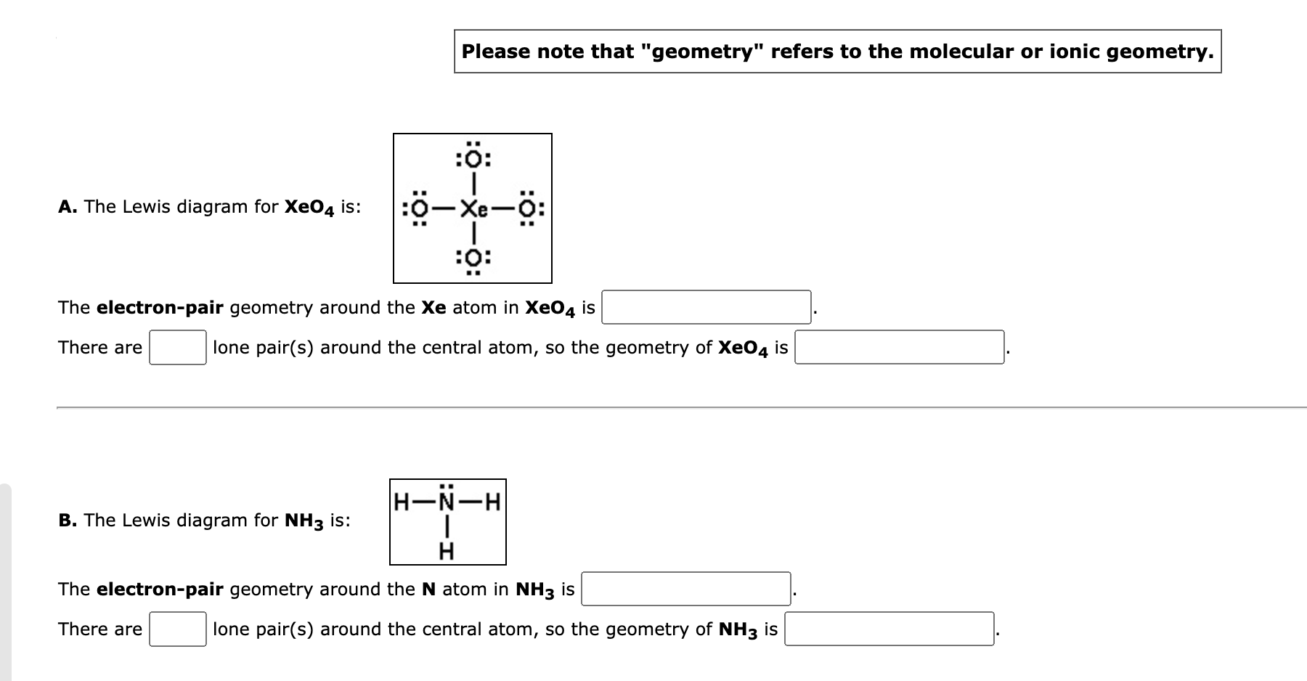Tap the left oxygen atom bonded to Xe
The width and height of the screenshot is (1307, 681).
(x=420, y=209)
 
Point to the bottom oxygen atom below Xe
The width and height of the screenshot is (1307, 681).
(x=473, y=257)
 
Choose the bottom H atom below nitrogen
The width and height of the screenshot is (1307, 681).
(x=447, y=552)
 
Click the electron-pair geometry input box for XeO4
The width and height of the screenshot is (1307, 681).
(x=707, y=307)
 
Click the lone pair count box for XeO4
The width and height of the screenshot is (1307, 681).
(x=178, y=348)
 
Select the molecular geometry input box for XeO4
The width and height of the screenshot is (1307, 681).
(x=900, y=348)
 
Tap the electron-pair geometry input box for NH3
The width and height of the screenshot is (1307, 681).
(x=686, y=589)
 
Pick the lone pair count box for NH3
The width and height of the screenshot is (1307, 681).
(x=178, y=629)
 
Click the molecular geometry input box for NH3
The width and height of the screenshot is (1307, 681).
(x=889, y=629)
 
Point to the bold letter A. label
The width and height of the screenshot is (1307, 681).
(x=68, y=207)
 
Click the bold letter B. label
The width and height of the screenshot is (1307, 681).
(x=68, y=521)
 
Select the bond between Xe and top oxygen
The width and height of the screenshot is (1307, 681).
(x=473, y=184)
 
